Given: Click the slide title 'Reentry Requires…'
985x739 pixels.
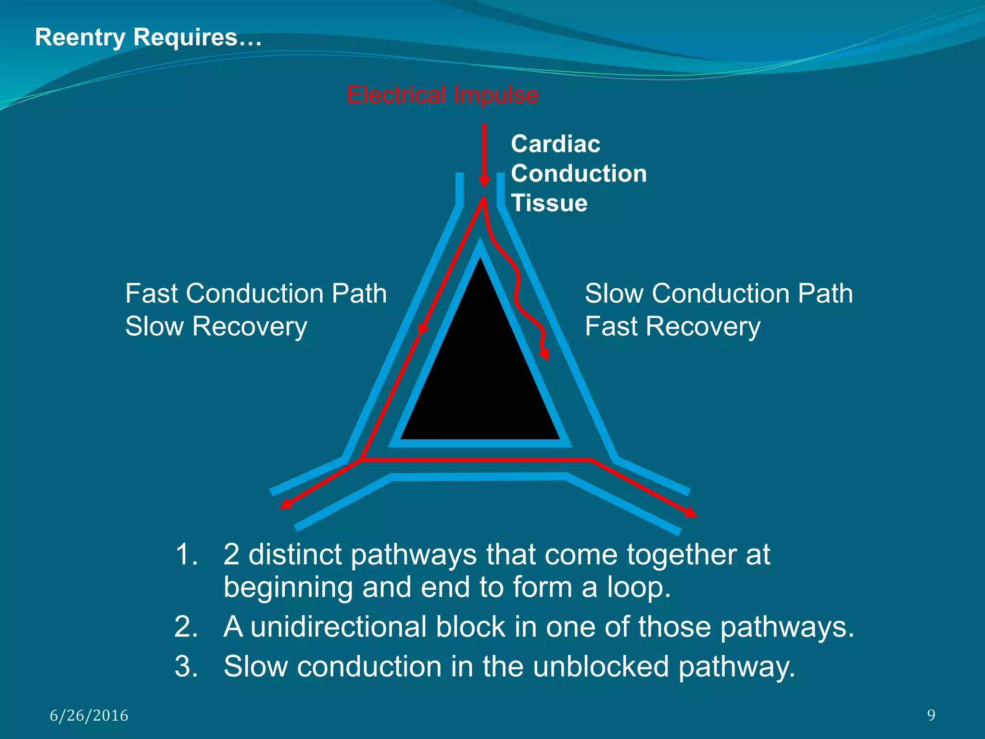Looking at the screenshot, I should pos(148,38).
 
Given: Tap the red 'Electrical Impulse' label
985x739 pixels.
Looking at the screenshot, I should pos(442,95).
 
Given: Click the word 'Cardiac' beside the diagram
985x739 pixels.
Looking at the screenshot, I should pos(556,144).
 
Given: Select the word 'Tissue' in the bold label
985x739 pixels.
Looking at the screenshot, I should pos(549,203).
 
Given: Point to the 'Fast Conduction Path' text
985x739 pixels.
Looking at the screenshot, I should pos(256,293).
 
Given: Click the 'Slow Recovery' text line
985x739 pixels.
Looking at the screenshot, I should pos(216,327).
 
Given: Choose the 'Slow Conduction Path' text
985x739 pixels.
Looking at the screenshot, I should pos(719,293).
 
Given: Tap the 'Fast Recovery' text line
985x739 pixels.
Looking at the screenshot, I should pos(672,327).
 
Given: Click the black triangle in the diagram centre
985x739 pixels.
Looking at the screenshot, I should pos(480,375).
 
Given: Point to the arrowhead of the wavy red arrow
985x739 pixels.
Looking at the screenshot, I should pos(544,355).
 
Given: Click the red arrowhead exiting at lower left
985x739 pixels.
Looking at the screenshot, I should pos(286,503).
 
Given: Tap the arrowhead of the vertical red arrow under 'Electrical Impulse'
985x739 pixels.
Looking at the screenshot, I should pos(484,182).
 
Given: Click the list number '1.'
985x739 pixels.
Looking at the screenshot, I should pos(187,554).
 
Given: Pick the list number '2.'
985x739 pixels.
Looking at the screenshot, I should pos(187,627).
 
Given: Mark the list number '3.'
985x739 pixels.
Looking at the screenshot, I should pos(187,666).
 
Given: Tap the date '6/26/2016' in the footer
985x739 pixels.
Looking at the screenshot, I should pos(89,715).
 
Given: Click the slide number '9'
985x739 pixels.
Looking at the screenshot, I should pos(931,715).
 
